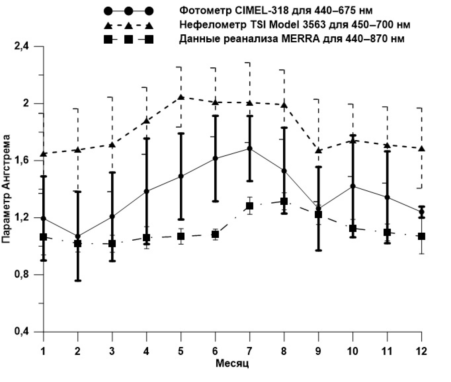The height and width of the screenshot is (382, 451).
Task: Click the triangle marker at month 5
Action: [181, 98]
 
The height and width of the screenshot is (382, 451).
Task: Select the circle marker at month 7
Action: [249, 149]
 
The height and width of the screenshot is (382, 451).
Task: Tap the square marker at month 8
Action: [284, 201]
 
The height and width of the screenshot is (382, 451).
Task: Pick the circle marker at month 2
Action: [78, 236]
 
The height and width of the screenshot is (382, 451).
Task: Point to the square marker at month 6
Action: [215, 234]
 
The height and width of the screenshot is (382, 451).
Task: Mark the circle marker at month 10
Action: [353, 186]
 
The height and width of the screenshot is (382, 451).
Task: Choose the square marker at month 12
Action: [421, 236]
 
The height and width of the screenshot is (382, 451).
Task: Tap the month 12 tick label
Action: [421, 351]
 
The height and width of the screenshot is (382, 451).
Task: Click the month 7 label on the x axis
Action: [249, 351]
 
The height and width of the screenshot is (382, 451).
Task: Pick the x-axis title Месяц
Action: [232, 364]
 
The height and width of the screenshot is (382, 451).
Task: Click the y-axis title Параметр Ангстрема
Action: [6, 189]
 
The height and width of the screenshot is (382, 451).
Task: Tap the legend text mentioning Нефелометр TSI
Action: [295, 25]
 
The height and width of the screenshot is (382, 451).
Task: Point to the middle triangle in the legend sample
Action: [129, 26]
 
